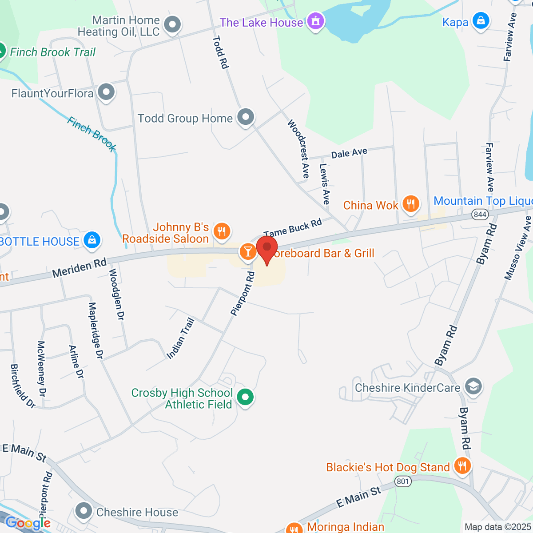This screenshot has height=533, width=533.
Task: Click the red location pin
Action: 267,248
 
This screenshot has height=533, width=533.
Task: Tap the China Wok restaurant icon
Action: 411,204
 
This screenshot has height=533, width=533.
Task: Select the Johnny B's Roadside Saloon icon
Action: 221,231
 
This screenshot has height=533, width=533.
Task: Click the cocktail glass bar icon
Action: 247,252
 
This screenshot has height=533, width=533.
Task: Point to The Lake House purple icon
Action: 316,21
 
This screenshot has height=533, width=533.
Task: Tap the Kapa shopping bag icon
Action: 480,21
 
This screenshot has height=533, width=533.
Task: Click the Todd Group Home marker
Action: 245,118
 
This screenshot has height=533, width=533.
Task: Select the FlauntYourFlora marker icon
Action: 106,93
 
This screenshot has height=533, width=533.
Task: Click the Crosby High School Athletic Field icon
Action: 245,397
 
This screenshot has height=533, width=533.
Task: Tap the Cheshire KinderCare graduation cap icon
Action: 473,386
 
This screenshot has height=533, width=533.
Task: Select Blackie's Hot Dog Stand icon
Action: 462,466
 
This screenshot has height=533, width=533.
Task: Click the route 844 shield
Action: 480,215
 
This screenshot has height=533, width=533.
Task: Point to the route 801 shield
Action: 403,481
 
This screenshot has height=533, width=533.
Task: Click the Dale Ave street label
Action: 349,153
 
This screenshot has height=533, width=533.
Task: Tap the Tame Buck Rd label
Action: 293,228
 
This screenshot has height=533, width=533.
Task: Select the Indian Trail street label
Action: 180,338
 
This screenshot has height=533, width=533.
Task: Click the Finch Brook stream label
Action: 92,134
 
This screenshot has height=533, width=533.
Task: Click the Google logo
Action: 28,523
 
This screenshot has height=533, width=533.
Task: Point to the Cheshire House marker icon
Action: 84,511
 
